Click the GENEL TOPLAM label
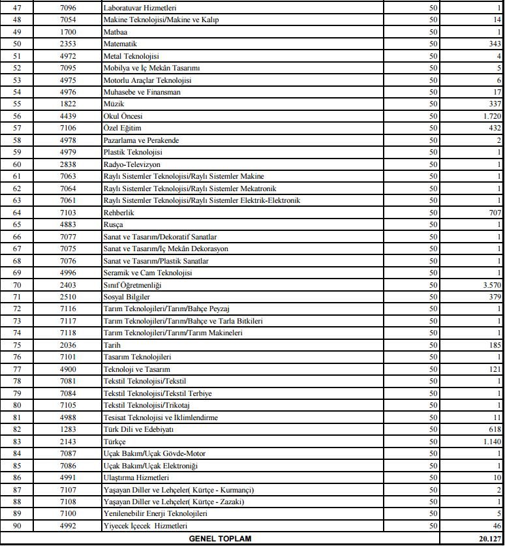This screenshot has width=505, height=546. pos(219,539)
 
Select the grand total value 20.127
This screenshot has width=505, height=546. pos(489,539)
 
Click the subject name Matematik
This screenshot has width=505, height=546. pos(120,44)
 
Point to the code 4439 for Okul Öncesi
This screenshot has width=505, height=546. pos(69,116)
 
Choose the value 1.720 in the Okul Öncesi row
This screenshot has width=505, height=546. pos(491,116)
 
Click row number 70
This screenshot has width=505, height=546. pos(17,285)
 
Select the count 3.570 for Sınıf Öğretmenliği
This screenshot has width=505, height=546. pos(491,285)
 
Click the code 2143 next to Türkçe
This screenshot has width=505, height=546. pos(69,442)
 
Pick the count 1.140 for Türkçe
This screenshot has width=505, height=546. pos(491,442)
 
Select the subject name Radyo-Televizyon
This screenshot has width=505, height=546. pos(132,164)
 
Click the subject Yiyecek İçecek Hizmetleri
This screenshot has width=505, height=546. pos(145,526)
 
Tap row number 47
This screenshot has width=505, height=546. pos(17,8)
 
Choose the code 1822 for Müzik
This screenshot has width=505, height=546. pos(69,104)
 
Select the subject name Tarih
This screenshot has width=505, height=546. pos(112,345)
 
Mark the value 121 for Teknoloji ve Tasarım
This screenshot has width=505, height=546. pos(495,369)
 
